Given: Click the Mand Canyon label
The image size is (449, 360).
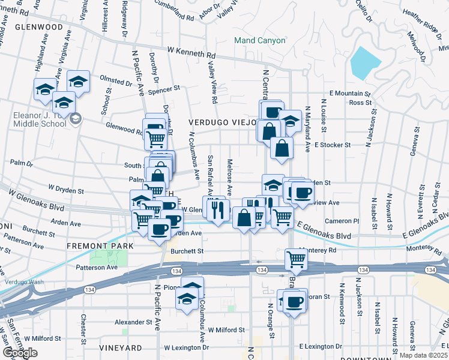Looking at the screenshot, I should point(259,41).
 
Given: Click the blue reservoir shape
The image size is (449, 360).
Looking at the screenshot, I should point(366,62).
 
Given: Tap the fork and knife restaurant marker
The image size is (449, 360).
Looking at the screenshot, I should point(217,209).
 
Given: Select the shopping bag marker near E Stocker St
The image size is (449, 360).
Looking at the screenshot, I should point(282,147).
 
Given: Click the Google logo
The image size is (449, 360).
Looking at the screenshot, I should point(20,353).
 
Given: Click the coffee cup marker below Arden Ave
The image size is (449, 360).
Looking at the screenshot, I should point(160,229).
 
